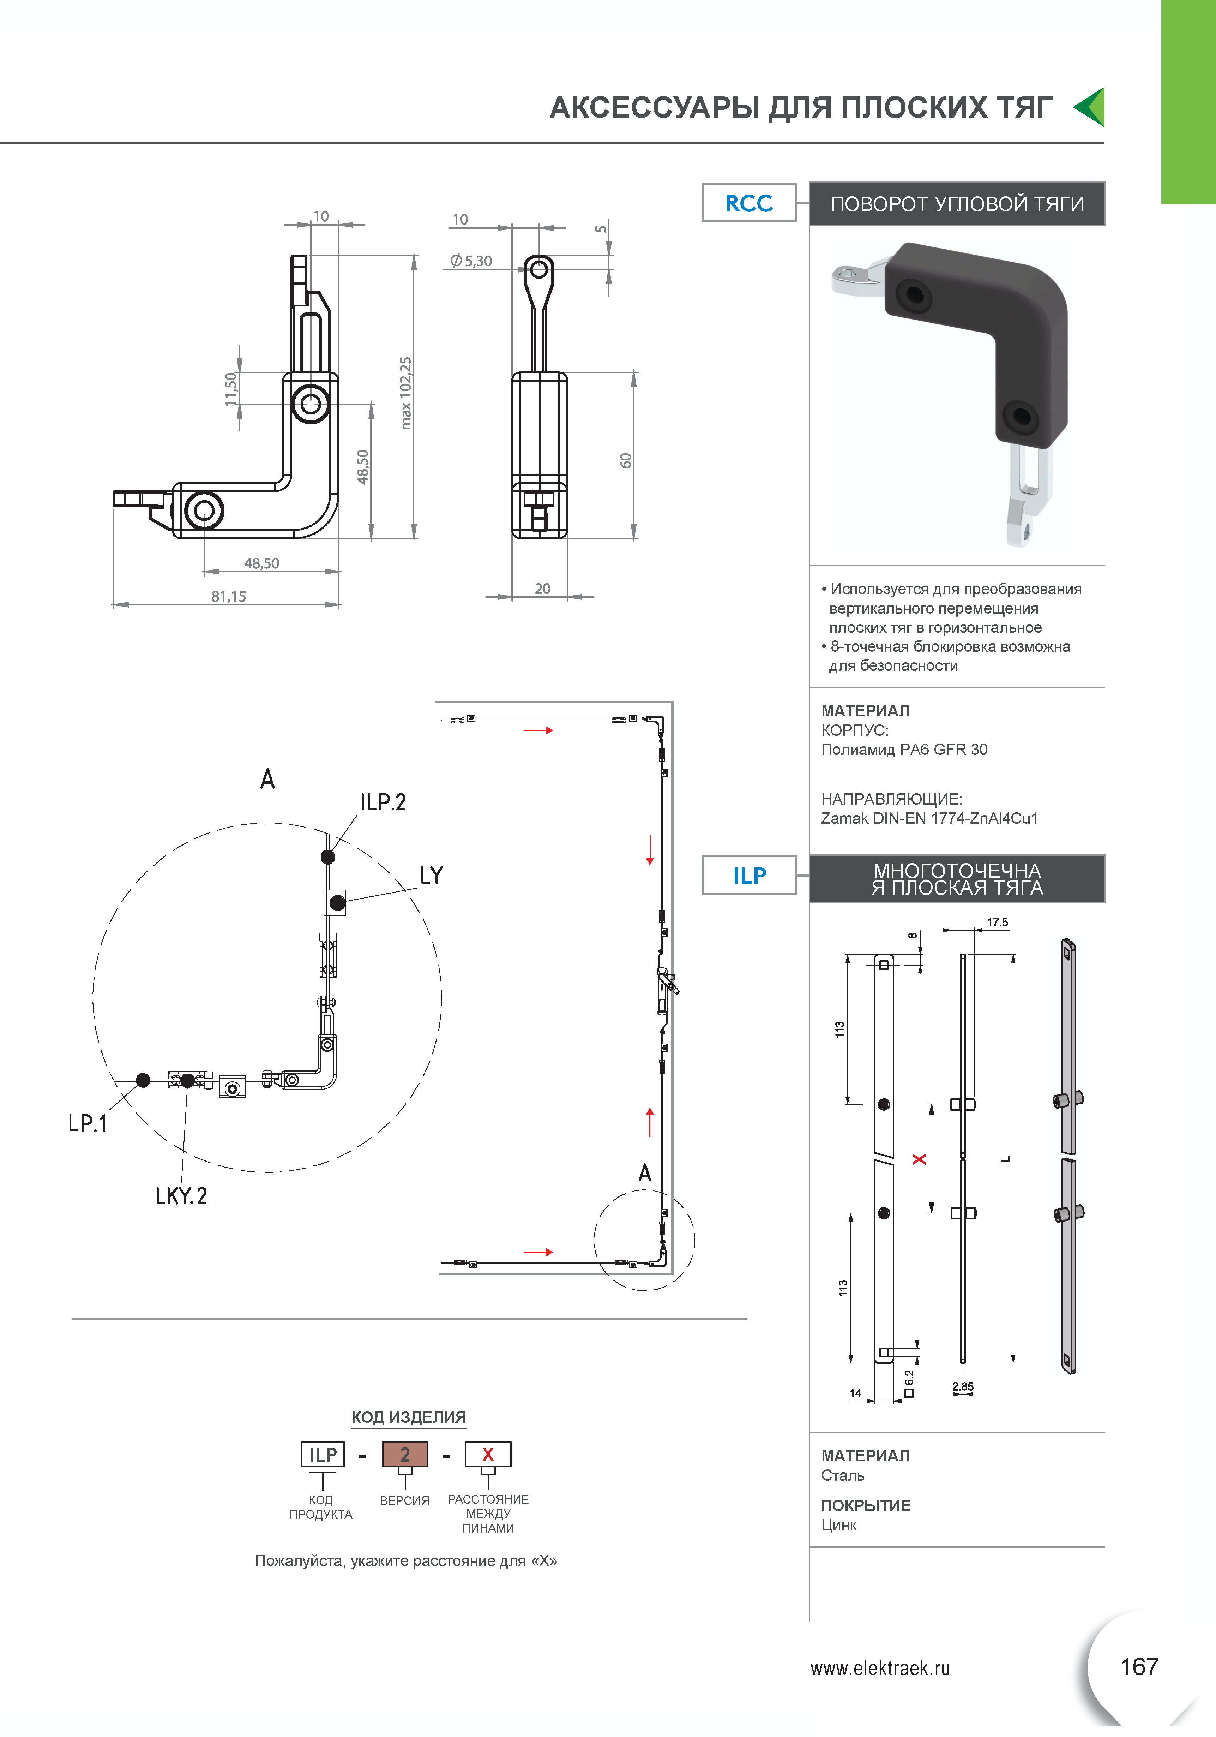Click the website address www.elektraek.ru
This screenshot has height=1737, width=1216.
(x=879, y=1668)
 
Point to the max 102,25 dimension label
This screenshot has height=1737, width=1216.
(x=406, y=393)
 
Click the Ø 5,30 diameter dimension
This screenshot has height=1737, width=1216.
(x=471, y=261)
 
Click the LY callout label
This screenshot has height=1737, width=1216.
(x=431, y=875)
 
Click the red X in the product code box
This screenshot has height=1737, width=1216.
(x=488, y=1454)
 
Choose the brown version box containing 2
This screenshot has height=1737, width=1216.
(x=405, y=1454)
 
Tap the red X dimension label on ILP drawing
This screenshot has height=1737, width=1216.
(x=920, y=1159)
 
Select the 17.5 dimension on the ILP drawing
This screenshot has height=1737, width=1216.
(x=998, y=922)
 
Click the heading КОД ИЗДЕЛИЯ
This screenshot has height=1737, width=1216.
(x=408, y=1417)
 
